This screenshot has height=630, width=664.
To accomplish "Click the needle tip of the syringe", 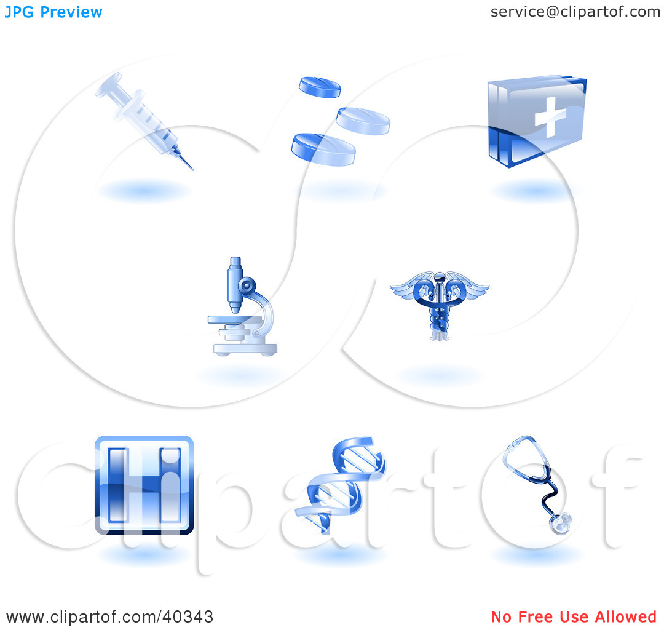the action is click(x=192, y=169).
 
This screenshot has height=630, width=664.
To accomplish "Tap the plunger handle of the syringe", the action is click(x=109, y=85).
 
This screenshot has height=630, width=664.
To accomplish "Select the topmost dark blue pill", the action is click(x=320, y=87).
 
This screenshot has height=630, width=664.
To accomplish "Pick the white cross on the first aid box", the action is click(x=550, y=118).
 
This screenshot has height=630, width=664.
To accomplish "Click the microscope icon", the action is click(x=242, y=306).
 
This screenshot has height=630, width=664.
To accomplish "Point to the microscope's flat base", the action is click(x=245, y=349).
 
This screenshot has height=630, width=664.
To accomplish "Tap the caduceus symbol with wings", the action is click(x=440, y=306).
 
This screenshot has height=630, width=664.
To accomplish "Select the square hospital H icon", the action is click(x=144, y=485).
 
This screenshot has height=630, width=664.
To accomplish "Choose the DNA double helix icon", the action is click(x=341, y=485).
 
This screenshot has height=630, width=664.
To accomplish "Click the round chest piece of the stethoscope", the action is click(x=560, y=524).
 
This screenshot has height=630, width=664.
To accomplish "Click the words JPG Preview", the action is click(x=53, y=12).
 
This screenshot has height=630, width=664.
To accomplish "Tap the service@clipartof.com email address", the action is click(x=575, y=12).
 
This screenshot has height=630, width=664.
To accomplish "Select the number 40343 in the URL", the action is click(x=188, y=617).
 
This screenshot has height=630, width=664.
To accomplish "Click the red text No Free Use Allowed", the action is click(x=574, y=617).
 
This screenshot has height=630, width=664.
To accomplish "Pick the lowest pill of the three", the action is click(x=323, y=149).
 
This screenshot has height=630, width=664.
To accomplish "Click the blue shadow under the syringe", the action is click(x=144, y=191).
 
